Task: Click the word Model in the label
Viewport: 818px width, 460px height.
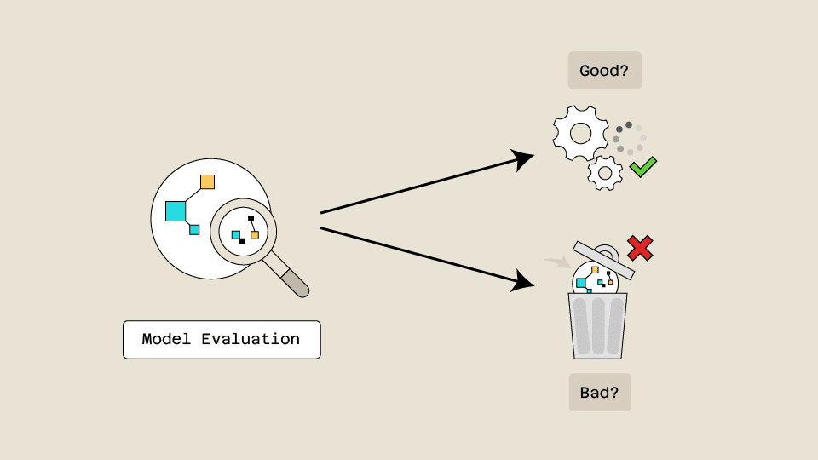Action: [x=167, y=339]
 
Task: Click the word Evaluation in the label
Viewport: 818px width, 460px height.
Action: [x=251, y=339]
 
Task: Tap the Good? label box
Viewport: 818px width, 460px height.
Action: [x=604, y=71]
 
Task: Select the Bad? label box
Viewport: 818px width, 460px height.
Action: [x=600, y=393]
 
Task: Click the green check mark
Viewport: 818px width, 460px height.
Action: [x=642, y=166]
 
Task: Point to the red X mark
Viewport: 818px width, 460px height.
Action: [x=640, y=248]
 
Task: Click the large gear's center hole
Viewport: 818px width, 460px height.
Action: [x=580, y=133]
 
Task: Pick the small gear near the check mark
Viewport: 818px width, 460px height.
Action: [x=605, y=173]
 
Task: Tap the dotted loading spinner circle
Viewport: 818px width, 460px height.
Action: [x=629, y=138]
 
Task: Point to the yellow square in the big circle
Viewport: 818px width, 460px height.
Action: [x=207, y=181]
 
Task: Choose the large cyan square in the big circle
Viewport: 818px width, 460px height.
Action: [x=176, y=210]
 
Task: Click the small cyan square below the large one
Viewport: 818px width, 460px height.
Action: [x=194, y=229]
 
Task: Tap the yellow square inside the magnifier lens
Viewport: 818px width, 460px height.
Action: [x=254, y=235]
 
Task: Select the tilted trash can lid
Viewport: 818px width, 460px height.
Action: [x=604, y=261]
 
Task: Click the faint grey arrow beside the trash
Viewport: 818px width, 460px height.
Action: [x=556, y=262]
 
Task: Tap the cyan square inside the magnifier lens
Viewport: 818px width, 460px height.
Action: [x=236, y=234]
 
